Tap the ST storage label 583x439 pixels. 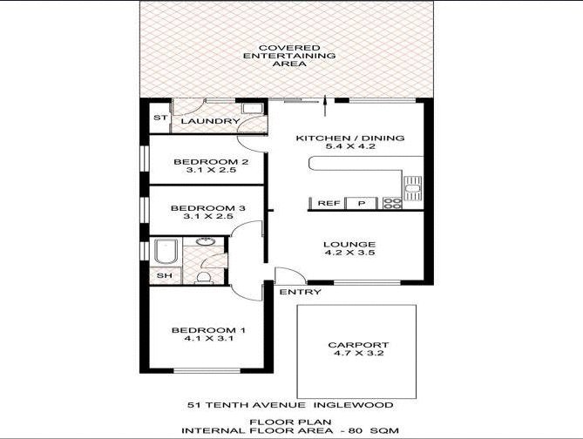tap(159, 117)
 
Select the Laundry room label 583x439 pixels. tap(210, 121)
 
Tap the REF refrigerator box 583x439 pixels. tap(328, 203)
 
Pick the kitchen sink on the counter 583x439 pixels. tap(411, 185)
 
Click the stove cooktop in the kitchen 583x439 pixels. tap(392, 204)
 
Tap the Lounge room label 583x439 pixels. tap(349, 244)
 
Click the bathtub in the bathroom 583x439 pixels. tap(166, 252)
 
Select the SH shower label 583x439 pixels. tap(163, 276)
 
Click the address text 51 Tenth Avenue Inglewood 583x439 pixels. tap(291, 405)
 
